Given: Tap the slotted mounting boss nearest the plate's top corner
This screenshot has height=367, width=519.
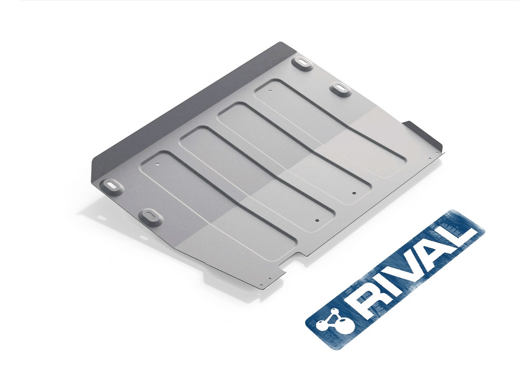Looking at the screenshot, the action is click(302, 63).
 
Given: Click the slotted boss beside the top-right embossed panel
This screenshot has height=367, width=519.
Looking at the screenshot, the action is click(340, 89).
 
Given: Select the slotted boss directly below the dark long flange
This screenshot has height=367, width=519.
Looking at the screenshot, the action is click(112, 187).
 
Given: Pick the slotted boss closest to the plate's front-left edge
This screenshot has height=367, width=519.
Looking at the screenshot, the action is click(151, 217).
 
